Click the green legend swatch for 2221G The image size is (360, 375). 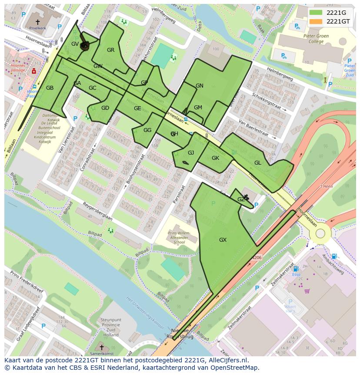pos(316,13)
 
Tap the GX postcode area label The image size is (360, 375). pos(223,240)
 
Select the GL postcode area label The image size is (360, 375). pos(257,163)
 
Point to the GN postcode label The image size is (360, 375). pos(199,86)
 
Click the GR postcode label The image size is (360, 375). pos(110,50)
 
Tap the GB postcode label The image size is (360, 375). pos(50,88)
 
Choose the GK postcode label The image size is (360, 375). pos(215,158)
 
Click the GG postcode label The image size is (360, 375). pos(147,130)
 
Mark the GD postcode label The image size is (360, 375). pos(105,108)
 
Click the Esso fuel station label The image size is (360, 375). pos(296,275)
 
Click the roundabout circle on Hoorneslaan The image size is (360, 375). pos(320,233)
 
